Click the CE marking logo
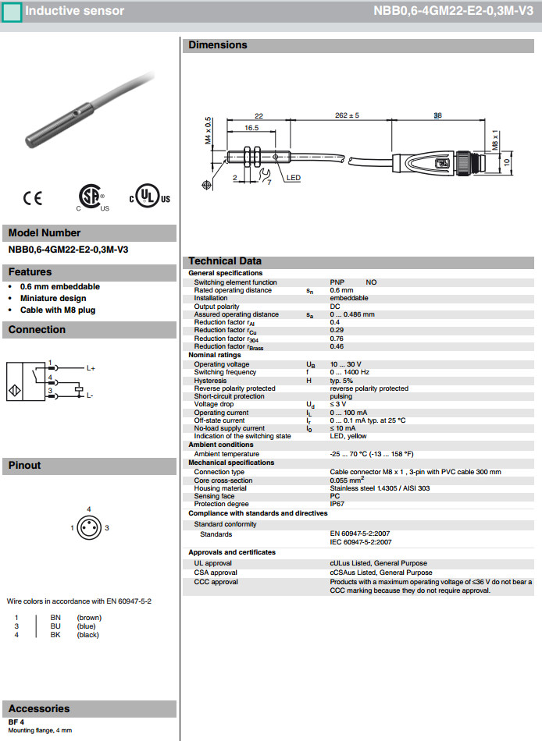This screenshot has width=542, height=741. point(33,198)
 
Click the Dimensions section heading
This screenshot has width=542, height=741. point(218,45)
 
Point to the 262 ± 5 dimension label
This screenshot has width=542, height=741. point(347,115)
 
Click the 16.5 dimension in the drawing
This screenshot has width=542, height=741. point(251,127)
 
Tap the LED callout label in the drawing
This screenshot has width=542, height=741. point(293,178)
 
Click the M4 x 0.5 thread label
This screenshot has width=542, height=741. point(209,132)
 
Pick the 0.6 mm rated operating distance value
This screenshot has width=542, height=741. point(341,290)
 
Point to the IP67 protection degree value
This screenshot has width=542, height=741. point(338,504)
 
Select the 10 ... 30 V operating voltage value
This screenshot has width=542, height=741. point(346,364)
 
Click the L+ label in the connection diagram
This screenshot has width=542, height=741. point(91,367)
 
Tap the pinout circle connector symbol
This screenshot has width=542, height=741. point(89,528)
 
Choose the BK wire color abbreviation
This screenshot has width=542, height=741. point(55,635)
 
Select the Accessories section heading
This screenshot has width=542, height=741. point(39,708)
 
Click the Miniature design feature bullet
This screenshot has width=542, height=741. point(53,298)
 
